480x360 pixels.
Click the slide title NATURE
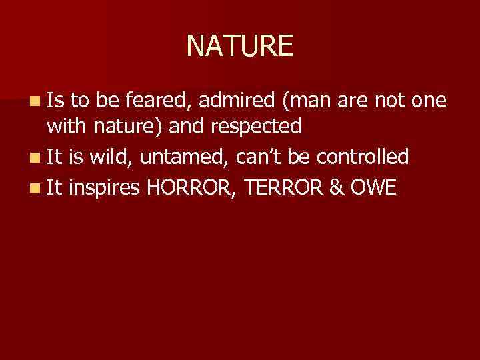(x=239, y=46)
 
